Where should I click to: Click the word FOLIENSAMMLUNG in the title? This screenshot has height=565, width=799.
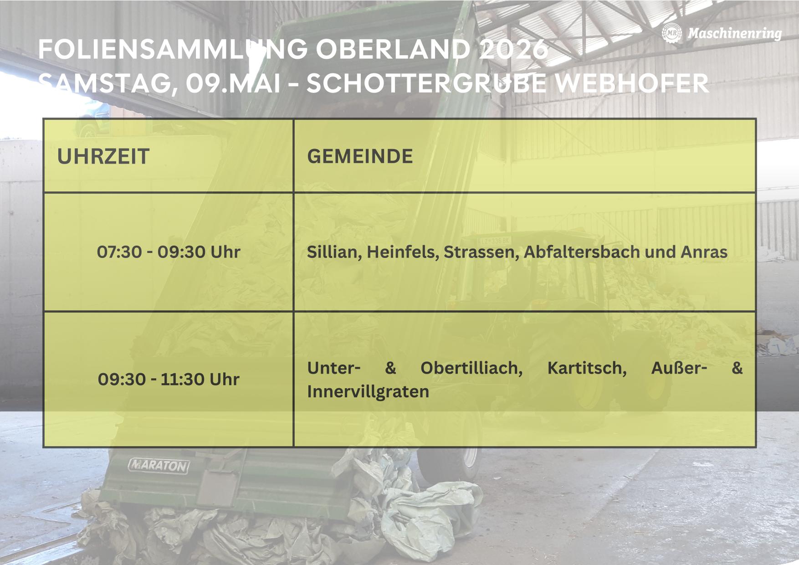tap(173, 49)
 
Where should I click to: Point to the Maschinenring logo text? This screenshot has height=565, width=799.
tap(735, 33)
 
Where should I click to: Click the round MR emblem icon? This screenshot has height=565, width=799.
tap(671, 33)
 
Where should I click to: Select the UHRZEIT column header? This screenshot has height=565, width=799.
tap(103, 156)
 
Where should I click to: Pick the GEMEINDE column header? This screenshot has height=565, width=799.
tap(360, 156)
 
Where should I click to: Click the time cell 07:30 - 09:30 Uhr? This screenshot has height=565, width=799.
tap(169, 252)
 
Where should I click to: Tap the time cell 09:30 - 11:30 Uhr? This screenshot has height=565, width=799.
tap(169, 379)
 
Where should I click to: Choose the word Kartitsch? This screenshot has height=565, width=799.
tap(587, 368)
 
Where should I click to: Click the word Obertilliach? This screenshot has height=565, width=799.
tap(471, 368)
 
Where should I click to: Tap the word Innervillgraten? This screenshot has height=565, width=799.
tap(368, 391)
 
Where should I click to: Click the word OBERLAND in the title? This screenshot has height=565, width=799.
tap(393, 49)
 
